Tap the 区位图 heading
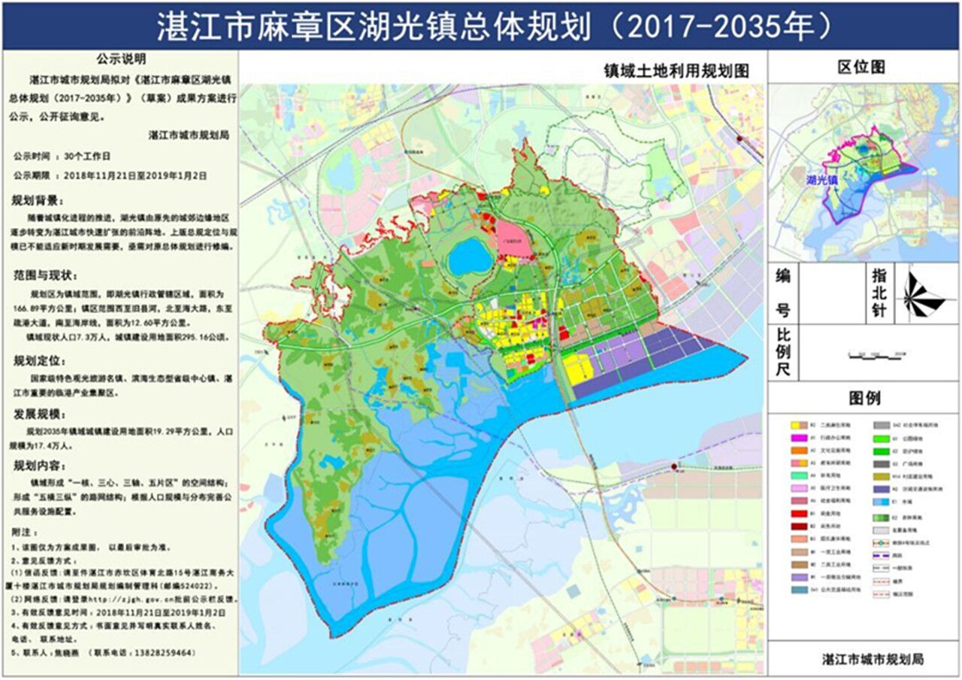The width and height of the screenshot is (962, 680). tap(862, 67)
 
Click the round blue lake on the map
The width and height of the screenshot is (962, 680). tap(470, 258)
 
